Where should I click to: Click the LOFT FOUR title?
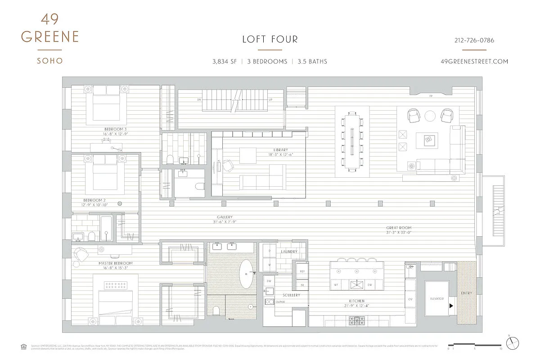(270, 39)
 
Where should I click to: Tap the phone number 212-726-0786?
(474, 40)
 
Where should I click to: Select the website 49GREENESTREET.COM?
(474, 62)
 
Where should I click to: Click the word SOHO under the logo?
(49, 61)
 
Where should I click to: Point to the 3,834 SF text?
(224, 62)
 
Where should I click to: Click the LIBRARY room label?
(280, 150)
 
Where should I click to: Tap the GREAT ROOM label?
(399, 228)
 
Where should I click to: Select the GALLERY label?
(225, 217)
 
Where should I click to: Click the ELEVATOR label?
(437, 299)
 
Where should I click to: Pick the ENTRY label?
(466, 293)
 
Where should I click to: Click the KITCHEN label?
(356, 301)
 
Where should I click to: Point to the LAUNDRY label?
(289, 252)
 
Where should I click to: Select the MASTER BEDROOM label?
(116, 263)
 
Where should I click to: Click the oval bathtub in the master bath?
(246, 274)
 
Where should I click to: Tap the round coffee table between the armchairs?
(430, 116)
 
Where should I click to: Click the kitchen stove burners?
(358, 321)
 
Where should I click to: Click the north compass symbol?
(513, 343)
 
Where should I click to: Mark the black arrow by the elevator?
(451, 306)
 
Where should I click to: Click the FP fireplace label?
(431, 95)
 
